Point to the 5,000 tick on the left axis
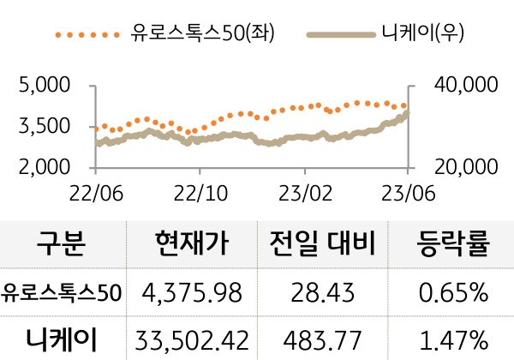pyautogui.click(x=44, y=86)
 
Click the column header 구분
pyautogui.click(x=62, y=246)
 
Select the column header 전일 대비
pyautogui.click(x=322, y=246)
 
